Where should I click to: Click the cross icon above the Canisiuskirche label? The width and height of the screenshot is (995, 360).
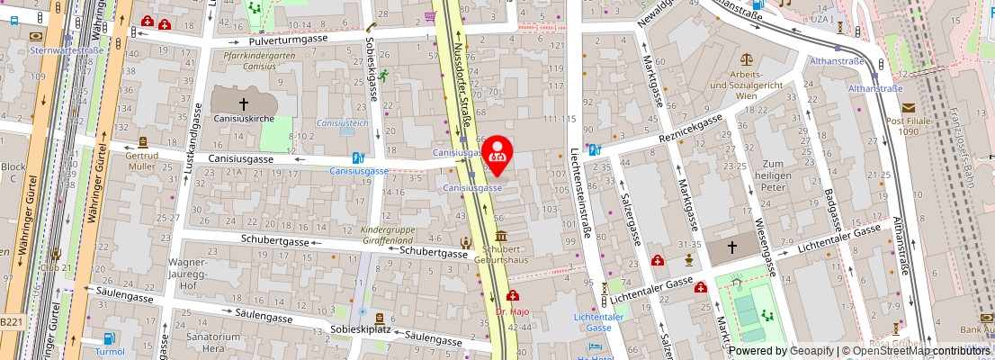tap(242, 104)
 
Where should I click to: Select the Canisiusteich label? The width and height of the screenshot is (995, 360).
tap(341, 122)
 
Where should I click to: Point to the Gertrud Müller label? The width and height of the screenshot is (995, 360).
tap(142, 161)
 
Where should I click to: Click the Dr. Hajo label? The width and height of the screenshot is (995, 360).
tap(513, 311)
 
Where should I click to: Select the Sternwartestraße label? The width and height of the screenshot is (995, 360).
tap(67, 50)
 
